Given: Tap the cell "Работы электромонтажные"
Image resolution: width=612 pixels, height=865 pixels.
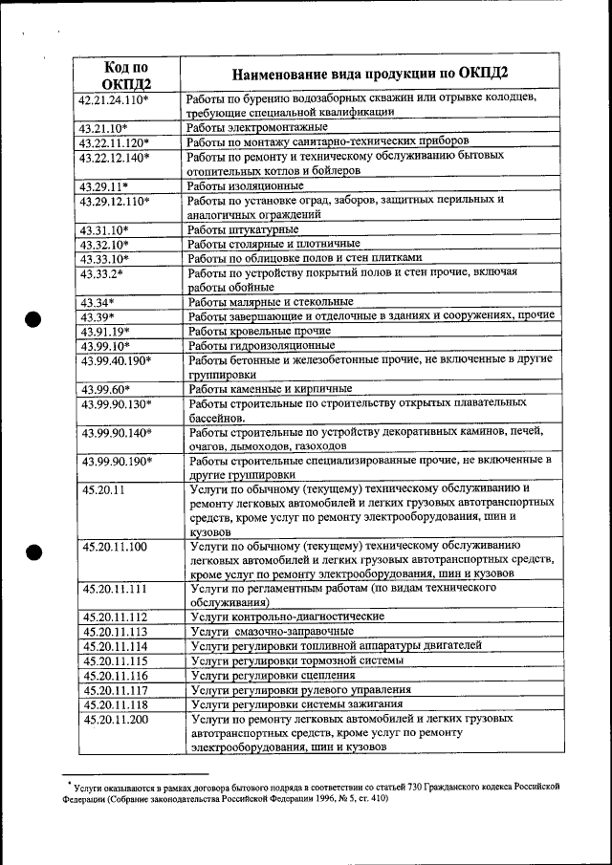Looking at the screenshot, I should [x=257, y=127].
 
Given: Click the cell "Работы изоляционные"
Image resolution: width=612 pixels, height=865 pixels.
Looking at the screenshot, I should [x=246, y=185].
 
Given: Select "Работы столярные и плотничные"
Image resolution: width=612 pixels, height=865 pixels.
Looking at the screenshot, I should [x=273, y=244].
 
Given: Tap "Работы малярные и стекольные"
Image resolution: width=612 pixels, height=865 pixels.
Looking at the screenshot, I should [x=271, y=302].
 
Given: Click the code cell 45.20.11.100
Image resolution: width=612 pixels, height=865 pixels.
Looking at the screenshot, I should [x=115, y=546].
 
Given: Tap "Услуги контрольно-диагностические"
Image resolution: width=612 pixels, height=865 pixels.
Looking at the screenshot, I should [x=286, y=617].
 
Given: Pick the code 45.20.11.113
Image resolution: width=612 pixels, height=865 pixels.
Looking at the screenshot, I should [x=115, y=632].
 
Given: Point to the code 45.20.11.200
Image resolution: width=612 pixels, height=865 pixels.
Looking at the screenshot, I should [x=115, y=718].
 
